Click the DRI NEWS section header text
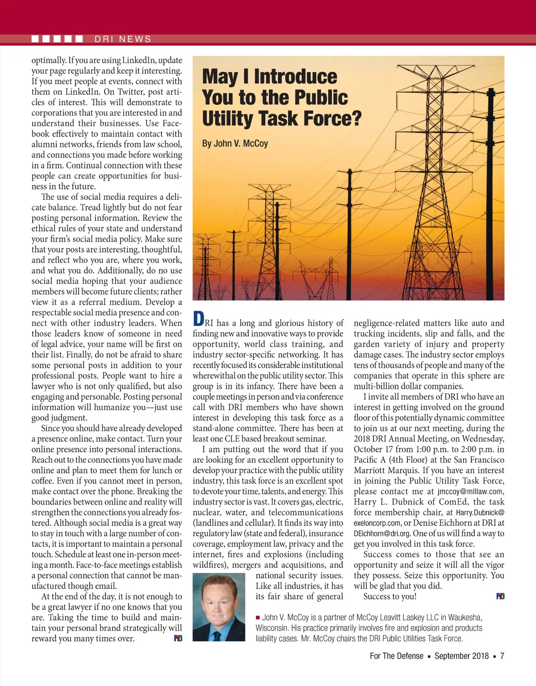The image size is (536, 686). pyautogui.click(x=123, y=39)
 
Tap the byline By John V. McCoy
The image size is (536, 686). pyautogui.click(x=235, y=143)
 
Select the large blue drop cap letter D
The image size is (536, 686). pyautogui.click(x=198, y=319)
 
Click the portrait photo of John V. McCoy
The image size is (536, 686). pyautogui.click(x=219, y=607)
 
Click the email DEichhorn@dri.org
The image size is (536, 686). pyautogui.click(x=382, y=534)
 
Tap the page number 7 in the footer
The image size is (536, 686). pyautogui.click(x=502, y=656)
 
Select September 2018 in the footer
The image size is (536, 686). pyautogui.click(x=462, y=656)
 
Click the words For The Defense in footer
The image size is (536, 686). pyautogui.click(x=396, y=656)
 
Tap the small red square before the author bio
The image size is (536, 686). pyautogui.click(x=258, y=618)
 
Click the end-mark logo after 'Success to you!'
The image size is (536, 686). pyautogui.click(x=500, y=596)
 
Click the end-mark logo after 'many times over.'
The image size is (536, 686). pyautogui.click(x=178, y=638)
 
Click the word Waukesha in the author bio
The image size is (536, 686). pyautogui.click(x=464, y=617)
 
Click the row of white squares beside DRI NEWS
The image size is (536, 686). pyautogui.click(x=57, y=39)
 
